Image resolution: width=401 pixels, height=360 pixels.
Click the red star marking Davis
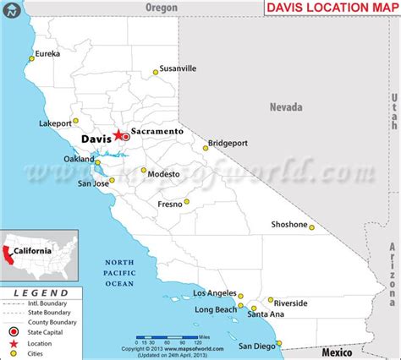[119, 134]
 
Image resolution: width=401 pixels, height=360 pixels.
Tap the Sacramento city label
[157, 133]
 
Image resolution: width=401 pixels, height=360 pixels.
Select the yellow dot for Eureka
[32, 58]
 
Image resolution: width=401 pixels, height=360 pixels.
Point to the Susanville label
[178, 68]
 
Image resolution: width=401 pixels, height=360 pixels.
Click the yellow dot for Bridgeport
[205, 148]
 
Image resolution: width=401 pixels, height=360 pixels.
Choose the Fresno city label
[172, 205]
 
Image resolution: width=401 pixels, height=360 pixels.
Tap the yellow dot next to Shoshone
[311, 226]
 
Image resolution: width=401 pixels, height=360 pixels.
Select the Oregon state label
[161, 7]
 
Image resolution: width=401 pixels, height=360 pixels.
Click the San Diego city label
[255, 346]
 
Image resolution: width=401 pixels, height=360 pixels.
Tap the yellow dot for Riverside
[270, 300]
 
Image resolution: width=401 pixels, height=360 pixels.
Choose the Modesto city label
[163, 173]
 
